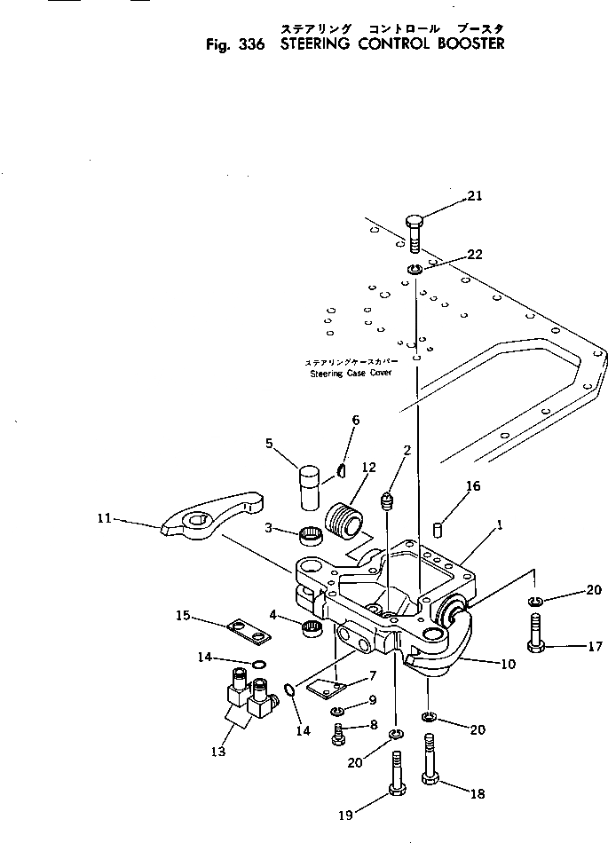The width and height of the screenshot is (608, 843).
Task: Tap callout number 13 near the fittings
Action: click(x=218, y=752)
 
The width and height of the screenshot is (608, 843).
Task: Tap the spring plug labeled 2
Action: click(x=388, y=503)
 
